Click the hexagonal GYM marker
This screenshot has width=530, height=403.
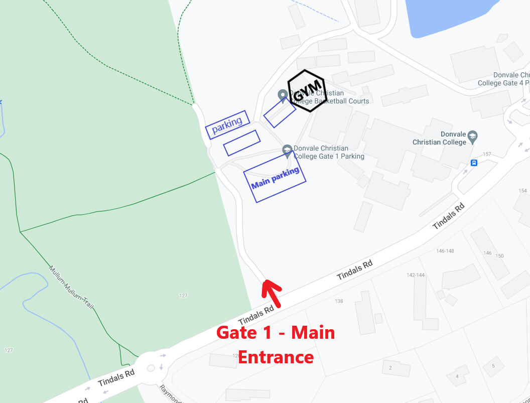coord(307,91)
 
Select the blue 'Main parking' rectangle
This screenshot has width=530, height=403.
coord(275,177)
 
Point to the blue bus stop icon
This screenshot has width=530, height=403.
coord(473,163)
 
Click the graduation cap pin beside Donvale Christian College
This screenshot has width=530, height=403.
coord(472,137)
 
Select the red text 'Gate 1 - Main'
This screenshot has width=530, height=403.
coord(276,333)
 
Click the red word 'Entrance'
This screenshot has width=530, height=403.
coord(276,357)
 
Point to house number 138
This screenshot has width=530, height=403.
coord(339,301)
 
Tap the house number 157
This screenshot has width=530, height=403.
coord(487,154)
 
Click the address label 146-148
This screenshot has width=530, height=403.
coord(445,251)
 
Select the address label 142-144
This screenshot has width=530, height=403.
coord(416,275)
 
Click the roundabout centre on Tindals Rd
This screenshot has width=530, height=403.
coord(151,368)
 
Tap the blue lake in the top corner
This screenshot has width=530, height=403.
coord(447,15)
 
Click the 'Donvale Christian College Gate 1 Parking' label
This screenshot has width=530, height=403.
coord(329,152)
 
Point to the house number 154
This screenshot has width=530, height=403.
coord(522,191)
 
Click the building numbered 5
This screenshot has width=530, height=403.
coord(493,366)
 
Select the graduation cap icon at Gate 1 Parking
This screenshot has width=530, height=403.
coord(287,150)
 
